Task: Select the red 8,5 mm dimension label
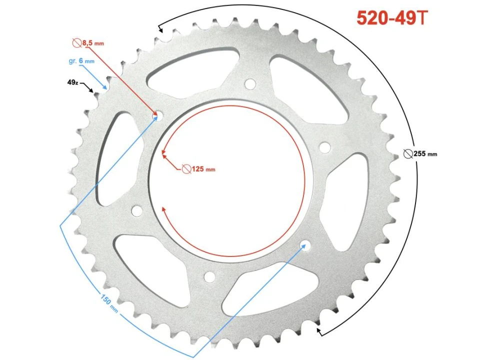coord(93,43)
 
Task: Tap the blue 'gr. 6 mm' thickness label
coord(80,61)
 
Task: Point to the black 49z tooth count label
coord(72,82)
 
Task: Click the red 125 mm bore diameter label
coord(203,169)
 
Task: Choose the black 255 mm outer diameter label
coord(425,153)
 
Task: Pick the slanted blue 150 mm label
coord(109,304)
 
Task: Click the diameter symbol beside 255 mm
coord(407,153)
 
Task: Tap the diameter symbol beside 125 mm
coord(186,169)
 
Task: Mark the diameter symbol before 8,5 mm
coord(77,43)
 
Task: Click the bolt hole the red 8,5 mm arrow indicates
coord(156,115)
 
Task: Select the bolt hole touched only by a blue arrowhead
coord(304,245)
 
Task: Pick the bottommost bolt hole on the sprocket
coord(209,276)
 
